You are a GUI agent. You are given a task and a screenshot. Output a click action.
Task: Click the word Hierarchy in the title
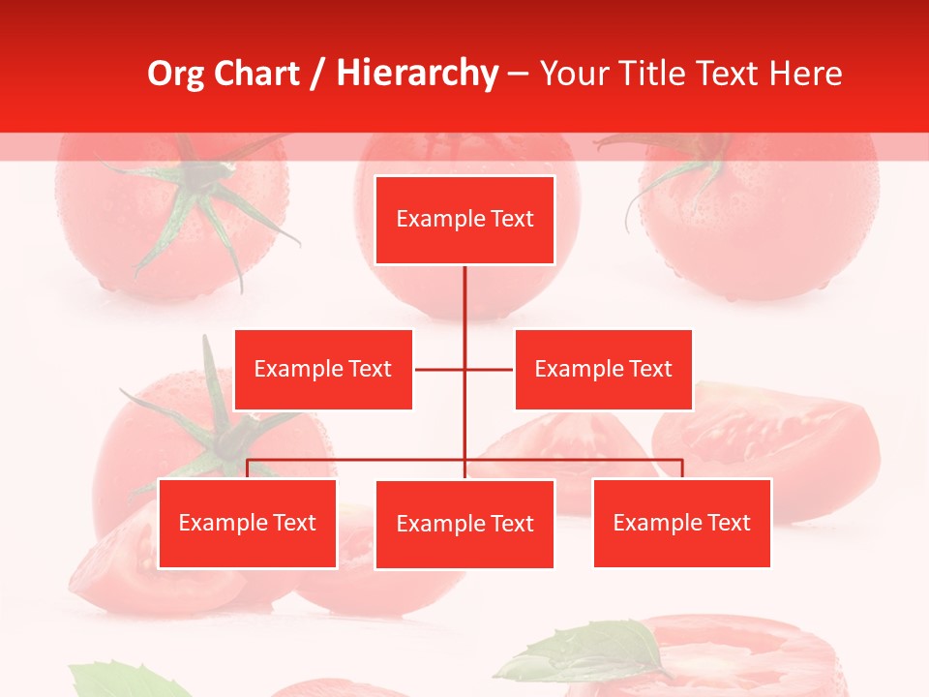coord(416,74)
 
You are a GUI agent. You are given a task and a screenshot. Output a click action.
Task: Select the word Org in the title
coord(174,74)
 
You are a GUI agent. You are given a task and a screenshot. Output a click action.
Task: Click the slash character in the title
coord(317,74)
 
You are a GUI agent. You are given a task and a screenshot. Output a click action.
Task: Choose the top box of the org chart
coord(464,220)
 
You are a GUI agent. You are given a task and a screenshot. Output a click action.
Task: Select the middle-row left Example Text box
coord(323,370)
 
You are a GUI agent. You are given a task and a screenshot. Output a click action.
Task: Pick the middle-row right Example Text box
coord(603,370)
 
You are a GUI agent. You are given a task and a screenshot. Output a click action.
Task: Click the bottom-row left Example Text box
coord(247,524)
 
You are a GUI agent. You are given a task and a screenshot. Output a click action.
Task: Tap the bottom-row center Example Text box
coord(464,525)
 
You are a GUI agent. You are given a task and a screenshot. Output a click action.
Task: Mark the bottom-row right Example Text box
coord(681,524)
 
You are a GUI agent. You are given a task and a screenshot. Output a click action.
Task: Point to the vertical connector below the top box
coord(464,300)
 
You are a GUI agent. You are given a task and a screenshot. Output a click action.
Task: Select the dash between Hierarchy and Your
coord(518,74)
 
